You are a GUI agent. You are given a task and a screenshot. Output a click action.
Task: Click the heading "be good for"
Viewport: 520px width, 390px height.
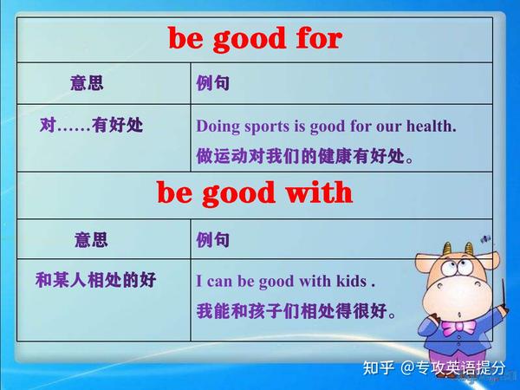(255, 39)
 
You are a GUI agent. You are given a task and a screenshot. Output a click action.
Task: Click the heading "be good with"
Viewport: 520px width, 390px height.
(255, 192)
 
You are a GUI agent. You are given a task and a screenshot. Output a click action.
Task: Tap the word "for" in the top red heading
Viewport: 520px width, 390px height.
(315, 39)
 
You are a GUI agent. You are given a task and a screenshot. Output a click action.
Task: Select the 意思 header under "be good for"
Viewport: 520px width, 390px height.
(87, 84)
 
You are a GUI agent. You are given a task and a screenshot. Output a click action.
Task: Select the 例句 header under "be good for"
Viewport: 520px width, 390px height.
(213, 85)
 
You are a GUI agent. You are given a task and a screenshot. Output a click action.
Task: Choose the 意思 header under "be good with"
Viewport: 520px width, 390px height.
(91, 238)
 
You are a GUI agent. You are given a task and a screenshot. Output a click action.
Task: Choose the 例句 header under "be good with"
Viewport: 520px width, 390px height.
(213, 239)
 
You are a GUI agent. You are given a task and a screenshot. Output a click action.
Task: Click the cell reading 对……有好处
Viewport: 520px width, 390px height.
(91, 126)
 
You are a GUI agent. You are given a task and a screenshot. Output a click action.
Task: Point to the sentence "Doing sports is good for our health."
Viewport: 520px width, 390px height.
(326, 127)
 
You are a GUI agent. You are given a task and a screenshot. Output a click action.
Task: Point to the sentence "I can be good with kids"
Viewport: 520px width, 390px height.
(284, 281)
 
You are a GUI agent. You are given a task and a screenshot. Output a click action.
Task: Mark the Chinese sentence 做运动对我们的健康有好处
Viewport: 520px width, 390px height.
(303, 157)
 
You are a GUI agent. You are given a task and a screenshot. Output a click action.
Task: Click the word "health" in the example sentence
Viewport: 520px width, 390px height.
(431, 127)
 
